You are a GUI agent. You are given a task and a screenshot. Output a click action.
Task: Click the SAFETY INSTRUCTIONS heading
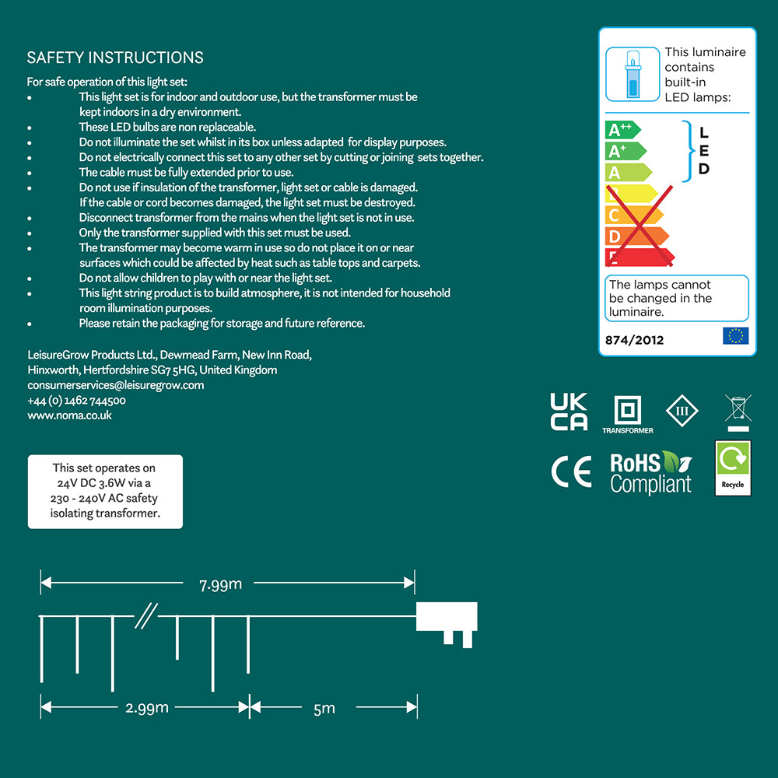point(115,58)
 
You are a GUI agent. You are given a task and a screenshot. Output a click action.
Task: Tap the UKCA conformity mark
point(569,412)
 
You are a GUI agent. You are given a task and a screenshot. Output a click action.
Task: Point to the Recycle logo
point(733,467)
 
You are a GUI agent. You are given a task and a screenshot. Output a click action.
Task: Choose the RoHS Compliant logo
point(650,473)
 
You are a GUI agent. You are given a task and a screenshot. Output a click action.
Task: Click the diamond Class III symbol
point(682,410)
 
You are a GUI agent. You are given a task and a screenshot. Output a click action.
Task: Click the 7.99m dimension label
point(219,583)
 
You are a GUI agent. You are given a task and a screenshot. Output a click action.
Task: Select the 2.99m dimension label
point(147,708)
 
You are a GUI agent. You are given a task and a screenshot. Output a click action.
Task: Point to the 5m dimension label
point(324,708)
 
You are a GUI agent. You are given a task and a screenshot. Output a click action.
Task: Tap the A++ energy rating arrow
point(622,130)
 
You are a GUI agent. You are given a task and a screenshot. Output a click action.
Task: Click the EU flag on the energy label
point(735,336)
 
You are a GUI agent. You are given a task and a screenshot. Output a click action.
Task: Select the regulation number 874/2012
point(635,340)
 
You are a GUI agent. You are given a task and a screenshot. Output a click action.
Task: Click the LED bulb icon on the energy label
point(631,74)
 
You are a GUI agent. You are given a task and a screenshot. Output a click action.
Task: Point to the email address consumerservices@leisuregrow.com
point(115,385)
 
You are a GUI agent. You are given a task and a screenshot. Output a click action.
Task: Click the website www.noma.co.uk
point(69,415)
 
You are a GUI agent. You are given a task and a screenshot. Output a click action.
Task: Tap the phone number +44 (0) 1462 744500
point(76,401)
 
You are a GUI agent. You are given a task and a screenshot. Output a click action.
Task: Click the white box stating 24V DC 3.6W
point(105,491)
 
